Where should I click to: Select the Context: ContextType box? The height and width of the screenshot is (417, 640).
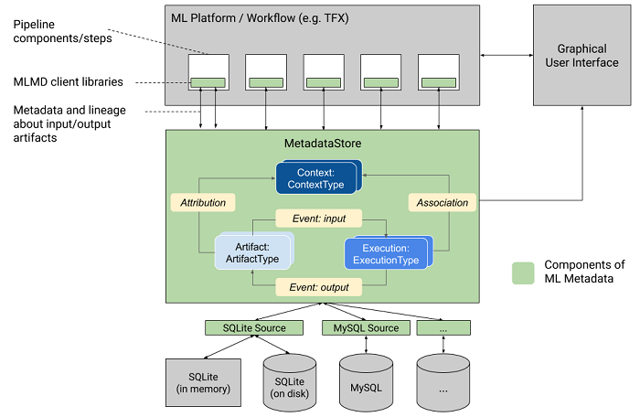pos(316,178)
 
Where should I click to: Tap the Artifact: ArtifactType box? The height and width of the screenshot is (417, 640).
pos(251,252)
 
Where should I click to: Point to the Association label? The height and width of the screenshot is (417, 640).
pos(442,202)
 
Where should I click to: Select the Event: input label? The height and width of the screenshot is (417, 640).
pos(319,219)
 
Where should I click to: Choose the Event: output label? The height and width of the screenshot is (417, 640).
pos(319,287)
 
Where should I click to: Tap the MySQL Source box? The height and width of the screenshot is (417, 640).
pos(366,327)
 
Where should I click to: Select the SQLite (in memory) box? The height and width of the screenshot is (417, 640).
pos(203,382)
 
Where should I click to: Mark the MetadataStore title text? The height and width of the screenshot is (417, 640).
pos(321,144)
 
